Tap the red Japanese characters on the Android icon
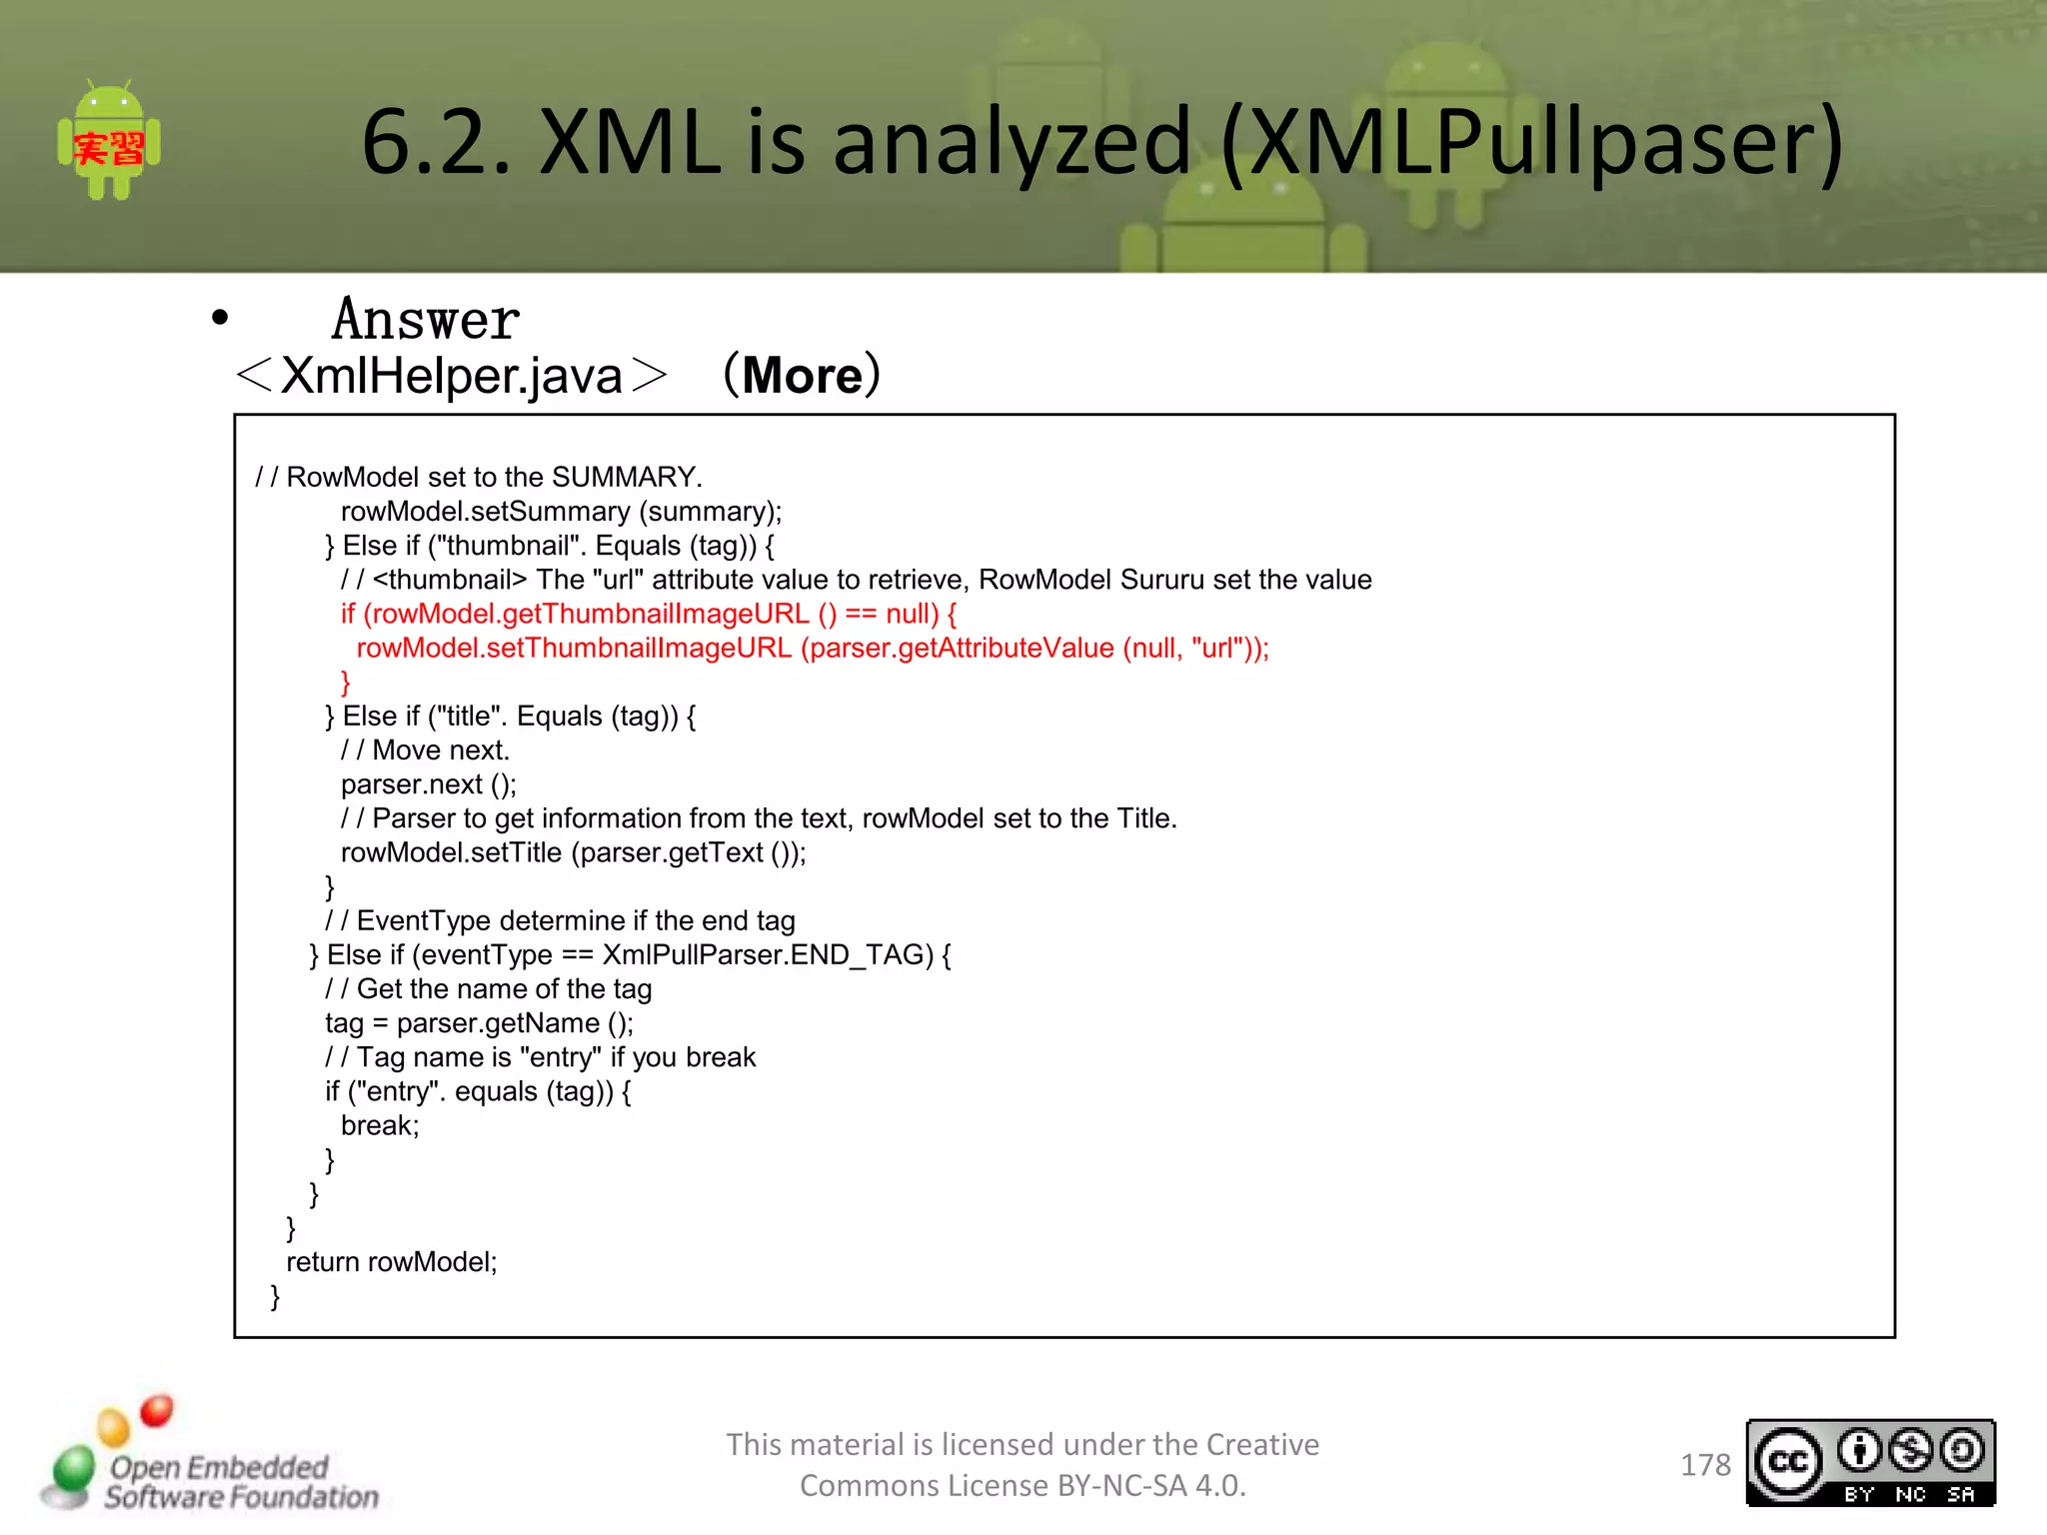[x=109, y=149]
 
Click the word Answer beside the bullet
[x=426, y=320]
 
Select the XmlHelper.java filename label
[x=452, y=377]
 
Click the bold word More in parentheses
[x=802, y=376]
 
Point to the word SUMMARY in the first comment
[x=625, y=477]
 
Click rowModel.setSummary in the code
[x=485, y=512]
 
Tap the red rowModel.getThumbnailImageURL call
[x=586, y=614]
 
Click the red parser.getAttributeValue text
[x=962, y=648]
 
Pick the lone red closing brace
[x=346, y=682]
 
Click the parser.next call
[x=428, y=784]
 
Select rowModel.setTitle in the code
[x=452, y=852]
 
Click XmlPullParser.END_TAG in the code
[x=768, y=955]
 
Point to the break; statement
[x=380, y=1126]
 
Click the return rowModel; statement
[x=392, y=1262]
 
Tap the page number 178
[x=1705, y=1465]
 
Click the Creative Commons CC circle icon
[x=1787, y=1462]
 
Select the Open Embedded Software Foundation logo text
[x=240, y=1482]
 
